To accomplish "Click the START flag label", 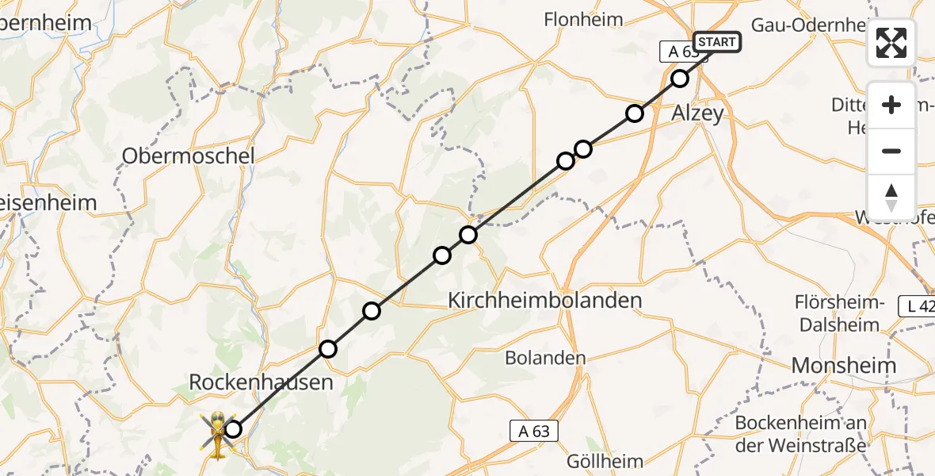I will (x=716, y=42).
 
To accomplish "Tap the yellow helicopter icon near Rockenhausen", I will (x=216, y=433).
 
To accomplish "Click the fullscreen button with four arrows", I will (x=891, y=43).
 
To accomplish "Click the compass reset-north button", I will (x=891, y=197).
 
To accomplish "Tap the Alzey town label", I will (x=697, y=113).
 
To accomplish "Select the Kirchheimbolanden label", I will (x=545, y=301).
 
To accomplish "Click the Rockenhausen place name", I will (x=261, y=383).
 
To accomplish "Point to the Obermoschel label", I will (x=188, y=156).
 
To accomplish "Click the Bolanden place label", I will (x=546, y=358).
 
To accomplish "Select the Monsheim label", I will (x=844, y=366).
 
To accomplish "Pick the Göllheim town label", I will (x=605, y=460).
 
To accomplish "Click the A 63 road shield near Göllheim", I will (x=534, y=431).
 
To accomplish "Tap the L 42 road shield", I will (x=917, y=305).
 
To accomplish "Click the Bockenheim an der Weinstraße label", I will (x=800, y=434).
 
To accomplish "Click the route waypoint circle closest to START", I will (x=680, y=78).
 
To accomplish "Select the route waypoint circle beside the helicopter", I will (x=233, y=430).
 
